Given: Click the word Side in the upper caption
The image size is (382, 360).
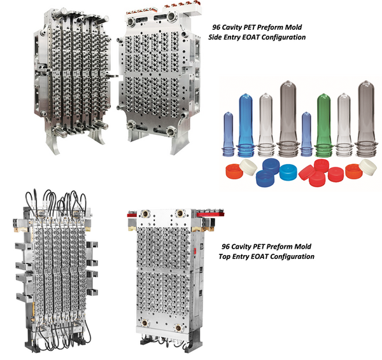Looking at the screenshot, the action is coord(215,38).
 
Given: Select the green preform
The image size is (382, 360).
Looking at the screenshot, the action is coord(324,125).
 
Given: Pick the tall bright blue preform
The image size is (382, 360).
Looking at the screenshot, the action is coord(246,125).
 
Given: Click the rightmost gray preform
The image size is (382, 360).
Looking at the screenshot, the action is coord(367,119).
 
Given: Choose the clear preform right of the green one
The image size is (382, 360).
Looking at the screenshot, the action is coord(344,125).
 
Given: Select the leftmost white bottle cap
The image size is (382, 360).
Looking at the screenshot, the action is coord(248,167).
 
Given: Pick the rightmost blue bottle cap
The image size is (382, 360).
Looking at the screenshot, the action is coord(288,172).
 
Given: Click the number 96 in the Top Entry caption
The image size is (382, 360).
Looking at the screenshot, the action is coord(225,247).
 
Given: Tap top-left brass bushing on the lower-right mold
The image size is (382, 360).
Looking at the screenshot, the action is coord(145,214).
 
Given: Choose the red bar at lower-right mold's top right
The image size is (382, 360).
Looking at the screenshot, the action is coord(211,214).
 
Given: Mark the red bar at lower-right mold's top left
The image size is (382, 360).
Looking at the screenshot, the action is coord(132,214).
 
